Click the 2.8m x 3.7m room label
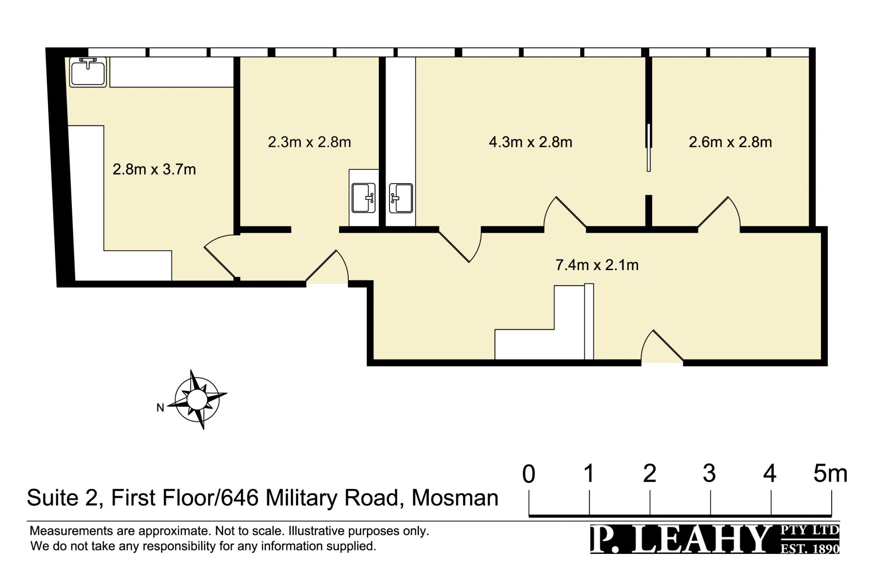click(154, 169)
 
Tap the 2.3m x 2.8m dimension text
click(310, 142)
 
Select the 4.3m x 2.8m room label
click(530, 142)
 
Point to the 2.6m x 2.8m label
click(730, 142)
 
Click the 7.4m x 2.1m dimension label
click(597, 265)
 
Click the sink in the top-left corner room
click(88, 72)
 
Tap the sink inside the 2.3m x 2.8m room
click(364, 198)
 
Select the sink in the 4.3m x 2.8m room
click(401, 198)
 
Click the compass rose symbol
click(197, 399)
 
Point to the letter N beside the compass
click(160, 408)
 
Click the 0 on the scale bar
click(528, 474)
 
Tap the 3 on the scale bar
click(709, 474)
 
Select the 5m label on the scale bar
click(830, 474)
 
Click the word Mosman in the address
click(455, 498)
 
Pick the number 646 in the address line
click(240, 498)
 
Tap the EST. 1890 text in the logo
click(809, 548)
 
